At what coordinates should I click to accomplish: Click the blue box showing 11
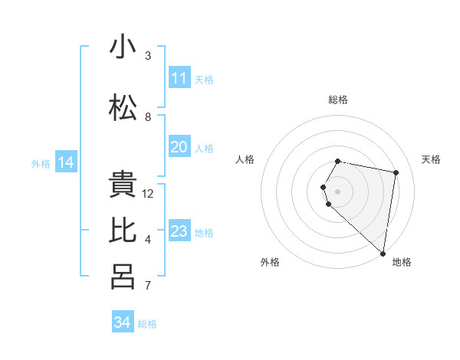179,78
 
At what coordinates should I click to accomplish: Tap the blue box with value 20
179,147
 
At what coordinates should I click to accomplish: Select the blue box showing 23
179,231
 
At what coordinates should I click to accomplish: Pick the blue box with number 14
66,162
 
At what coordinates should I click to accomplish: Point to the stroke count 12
148,194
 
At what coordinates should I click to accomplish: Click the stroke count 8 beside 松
148,117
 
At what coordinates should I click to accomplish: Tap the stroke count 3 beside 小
148,56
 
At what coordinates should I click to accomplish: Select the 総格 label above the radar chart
338,100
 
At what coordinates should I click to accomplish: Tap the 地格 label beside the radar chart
402,262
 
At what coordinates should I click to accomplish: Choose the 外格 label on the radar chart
270,262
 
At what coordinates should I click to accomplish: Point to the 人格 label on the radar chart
245,159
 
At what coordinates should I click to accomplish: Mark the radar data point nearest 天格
396,173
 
